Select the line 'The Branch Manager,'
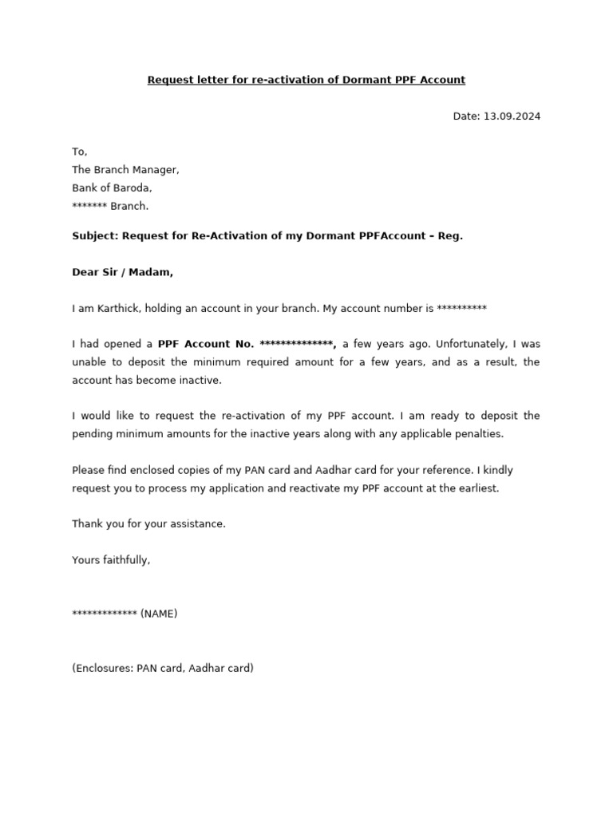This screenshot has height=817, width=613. click(x=125, y=170)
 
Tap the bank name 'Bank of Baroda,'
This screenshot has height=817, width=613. click(x=112, y=188)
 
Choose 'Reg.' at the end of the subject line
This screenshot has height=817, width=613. click(x=451, y=237)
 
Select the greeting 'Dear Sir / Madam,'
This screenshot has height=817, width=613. click(x=122, y=272)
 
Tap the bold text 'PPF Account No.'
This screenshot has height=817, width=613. click(x=206, y=344)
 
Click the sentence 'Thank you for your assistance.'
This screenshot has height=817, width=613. click(x=148, y=523)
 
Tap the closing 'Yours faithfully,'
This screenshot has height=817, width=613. click(x=111, y=560)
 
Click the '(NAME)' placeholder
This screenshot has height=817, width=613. click(x=159, y=614)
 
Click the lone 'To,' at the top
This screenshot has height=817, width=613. click(x=79, y=152)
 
